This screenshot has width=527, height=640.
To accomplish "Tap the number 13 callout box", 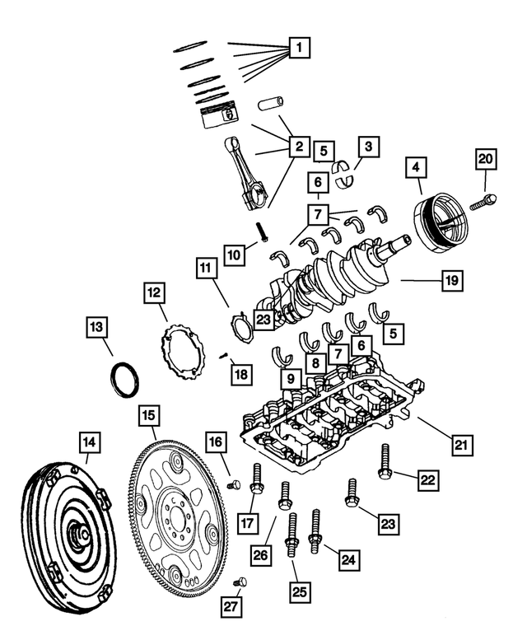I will pyautogui.click(x=97, y=328).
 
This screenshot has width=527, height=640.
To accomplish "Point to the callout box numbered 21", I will pyautogui.click(x=462, y=445).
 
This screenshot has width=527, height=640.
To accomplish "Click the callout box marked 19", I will pyautogui.click(x=450, y=281).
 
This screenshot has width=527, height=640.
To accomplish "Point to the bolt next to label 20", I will pyautogui.click(x=483, y=199).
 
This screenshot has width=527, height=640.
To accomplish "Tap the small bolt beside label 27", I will pyautogui.click(x=240, y=582).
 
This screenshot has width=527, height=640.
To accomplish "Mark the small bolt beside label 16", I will pyautogui.click(x=232, y=485).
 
